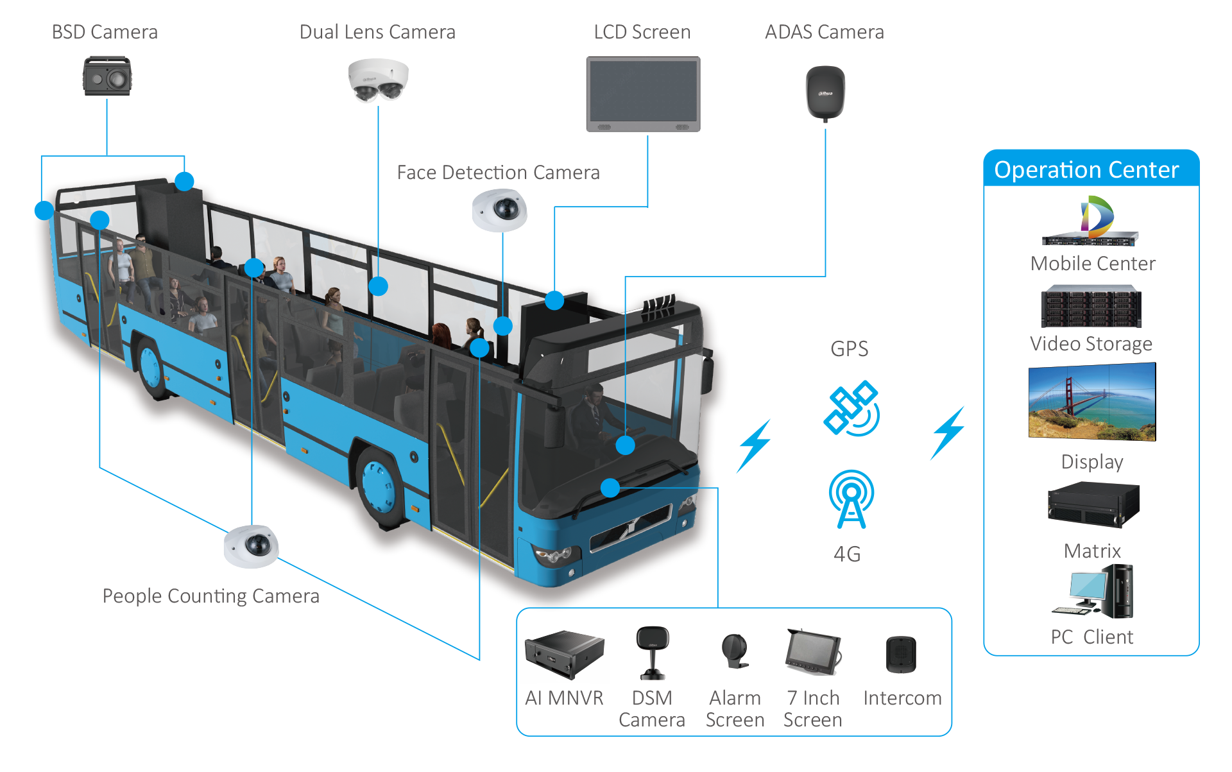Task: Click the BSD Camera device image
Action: (107, 76)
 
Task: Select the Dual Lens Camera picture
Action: (378, 80)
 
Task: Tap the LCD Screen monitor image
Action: (643, 94)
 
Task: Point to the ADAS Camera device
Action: (825, 95)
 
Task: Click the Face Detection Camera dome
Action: (499, 210)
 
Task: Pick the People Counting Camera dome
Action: (252, 546)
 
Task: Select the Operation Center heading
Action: (1086, 170)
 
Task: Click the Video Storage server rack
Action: (1091, 307)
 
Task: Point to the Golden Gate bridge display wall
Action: (1092, 402)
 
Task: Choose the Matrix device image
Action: (1092, 505)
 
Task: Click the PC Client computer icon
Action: (1093, 592)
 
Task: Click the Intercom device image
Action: (901, 655)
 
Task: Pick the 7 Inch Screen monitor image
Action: (813, 652)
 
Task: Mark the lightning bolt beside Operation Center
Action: (948, 433)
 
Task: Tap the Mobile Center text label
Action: (1093, 264)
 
